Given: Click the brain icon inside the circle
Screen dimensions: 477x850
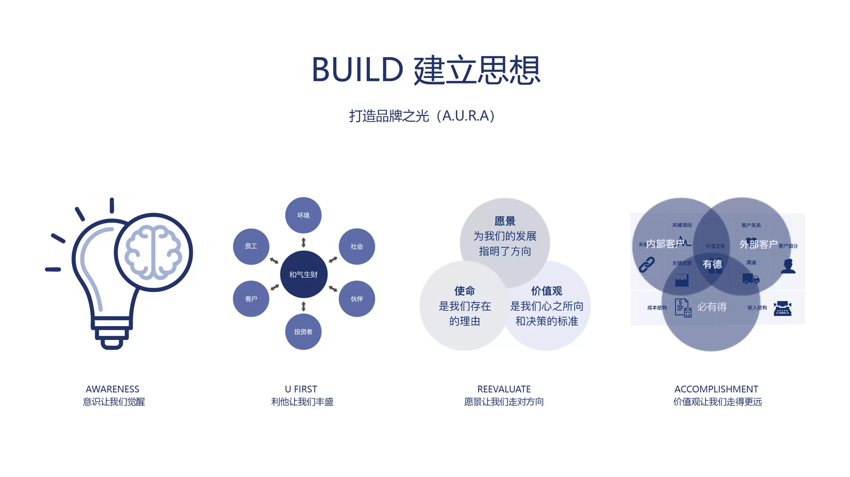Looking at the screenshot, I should (153, 252).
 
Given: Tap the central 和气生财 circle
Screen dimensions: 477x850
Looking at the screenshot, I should (303, 275).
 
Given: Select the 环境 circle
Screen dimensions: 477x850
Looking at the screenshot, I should (303, 215).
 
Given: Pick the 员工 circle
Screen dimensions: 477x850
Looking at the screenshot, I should (251, 246).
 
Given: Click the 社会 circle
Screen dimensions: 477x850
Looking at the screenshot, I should (357, 246).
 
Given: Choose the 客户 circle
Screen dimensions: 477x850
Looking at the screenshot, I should (251, 299).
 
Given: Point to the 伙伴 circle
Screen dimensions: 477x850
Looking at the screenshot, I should (357, 299).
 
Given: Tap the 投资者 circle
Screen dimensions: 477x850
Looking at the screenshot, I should (303, 332).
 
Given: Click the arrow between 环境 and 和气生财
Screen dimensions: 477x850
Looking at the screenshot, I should (303, 243).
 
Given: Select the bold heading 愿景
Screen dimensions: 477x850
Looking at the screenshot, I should (505, 221).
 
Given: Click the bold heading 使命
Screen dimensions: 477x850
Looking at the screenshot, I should (465, 291).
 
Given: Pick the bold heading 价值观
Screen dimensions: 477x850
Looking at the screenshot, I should (547, 291).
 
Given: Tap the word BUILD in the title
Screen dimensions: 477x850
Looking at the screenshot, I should (357, 70).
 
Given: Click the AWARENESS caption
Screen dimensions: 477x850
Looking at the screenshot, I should (113, 389).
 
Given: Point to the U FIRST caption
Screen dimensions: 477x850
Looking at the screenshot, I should (301, 389).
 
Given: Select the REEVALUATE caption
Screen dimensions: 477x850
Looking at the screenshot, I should (504, 389).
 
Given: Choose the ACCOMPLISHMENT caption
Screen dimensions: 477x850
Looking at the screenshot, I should (716, 389).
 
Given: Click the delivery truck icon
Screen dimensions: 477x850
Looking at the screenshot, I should (751, 279).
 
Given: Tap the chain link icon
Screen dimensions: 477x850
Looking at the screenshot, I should (646, 265).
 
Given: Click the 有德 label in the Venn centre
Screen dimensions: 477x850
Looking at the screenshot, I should (712, 264).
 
